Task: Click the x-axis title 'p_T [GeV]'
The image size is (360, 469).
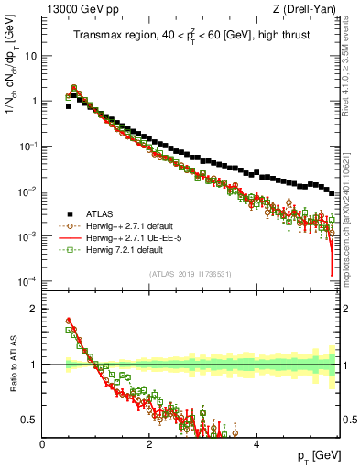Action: [321, 455]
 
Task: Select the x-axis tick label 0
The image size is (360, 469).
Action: [43, 443]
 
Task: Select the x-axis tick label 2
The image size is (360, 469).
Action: [149, 443]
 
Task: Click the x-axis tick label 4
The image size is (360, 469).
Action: [256, 443]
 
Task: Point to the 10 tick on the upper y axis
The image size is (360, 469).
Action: [30, 56]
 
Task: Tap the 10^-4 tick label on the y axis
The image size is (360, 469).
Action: [27, 280]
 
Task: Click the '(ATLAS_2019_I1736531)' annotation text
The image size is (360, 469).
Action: [191, 274]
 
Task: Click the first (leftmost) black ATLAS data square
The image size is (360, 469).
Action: [69, 106]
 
